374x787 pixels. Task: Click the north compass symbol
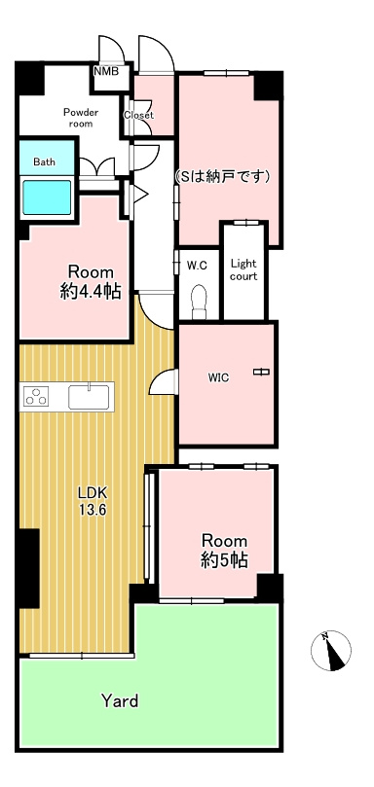coord(331,651)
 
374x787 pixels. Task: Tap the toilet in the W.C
coord(200,302)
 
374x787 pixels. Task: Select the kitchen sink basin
coord(88,397)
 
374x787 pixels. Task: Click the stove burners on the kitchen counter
coord(36,397)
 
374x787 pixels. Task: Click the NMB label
coord(106,71)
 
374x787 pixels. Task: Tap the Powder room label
coord(81,118)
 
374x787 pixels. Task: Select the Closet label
coord(138,115)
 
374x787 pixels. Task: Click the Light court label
coord(243,269)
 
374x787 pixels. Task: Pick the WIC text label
coord(219,378)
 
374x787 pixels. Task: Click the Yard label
coord(120,700)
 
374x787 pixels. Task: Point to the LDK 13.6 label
coord(92,501)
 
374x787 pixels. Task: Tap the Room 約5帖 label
coord(224,551)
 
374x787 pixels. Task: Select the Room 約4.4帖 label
coord(91,282)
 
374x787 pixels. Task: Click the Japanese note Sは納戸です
coord(223,177)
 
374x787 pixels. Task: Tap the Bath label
coord(44,162)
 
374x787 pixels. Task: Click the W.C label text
coord(197,266)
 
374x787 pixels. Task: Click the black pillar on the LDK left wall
coord(29,569)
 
